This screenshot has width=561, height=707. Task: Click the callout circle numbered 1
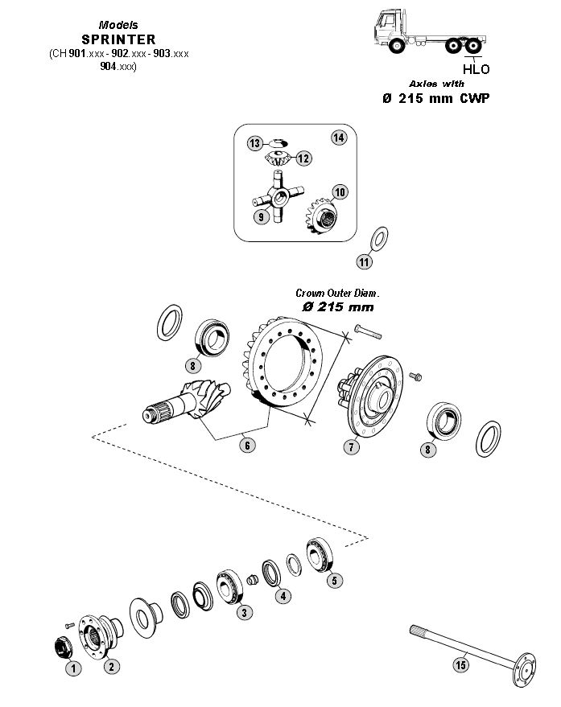coord(72,667)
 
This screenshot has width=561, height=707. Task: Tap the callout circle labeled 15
coord(461,664)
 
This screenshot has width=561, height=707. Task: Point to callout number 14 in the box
coord(338,138)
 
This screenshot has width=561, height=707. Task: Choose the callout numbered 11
coord(365,261)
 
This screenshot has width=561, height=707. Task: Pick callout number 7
coord(351,448)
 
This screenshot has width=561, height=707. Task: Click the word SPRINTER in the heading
coord(118,39)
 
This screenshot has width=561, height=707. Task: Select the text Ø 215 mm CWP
coord(435,98)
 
